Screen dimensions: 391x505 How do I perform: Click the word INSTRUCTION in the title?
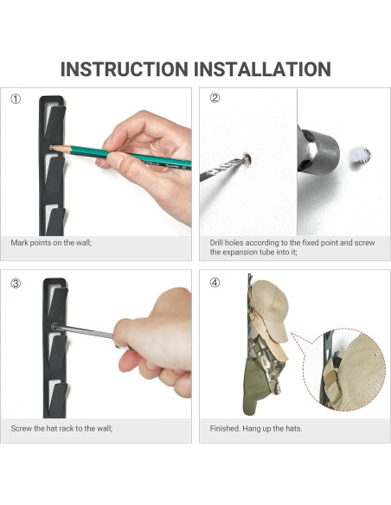pos(125,69)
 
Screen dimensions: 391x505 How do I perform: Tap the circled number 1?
pos(16,99)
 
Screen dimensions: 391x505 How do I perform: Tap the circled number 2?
pos(215,98)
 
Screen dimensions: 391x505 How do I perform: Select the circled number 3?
pos(16,284)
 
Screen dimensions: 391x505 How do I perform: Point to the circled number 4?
pos(215,283)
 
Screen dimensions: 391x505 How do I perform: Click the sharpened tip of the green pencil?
pos(54,148)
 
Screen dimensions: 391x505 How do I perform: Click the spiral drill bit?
pos(223,169)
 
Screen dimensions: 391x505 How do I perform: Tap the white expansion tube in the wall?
pos(361,157)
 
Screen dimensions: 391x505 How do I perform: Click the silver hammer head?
pos(317,150)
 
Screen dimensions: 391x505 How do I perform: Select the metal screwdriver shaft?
pos(83,331)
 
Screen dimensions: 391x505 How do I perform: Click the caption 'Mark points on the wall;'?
pos(51,242)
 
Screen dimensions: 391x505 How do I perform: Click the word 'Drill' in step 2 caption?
pos(216,242)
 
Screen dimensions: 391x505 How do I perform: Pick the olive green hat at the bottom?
pos(256,387)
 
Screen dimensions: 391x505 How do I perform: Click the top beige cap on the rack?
pos(270,310)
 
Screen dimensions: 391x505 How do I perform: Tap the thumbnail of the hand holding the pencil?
pos(96,162)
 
